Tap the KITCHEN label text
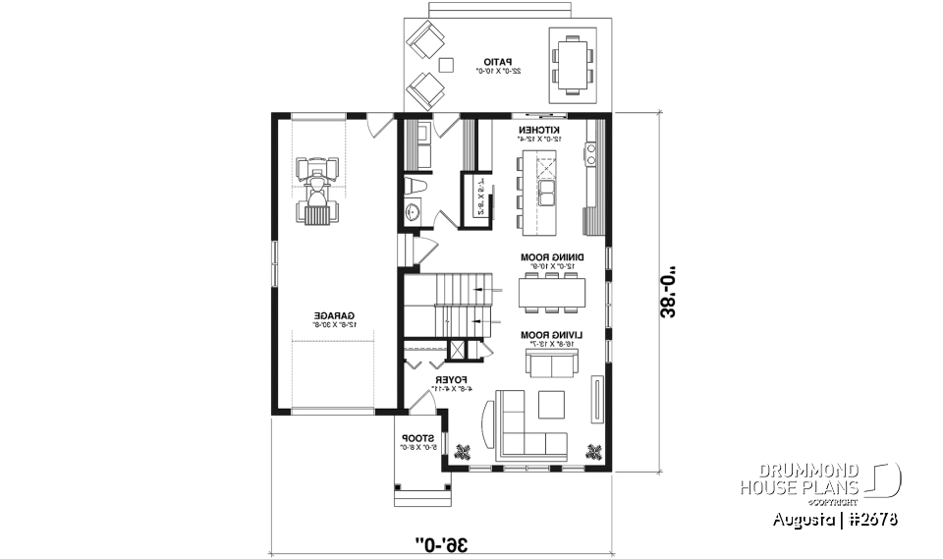pyautogui.click(x=539, y=131)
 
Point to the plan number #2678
pyautogui.click(x=872, y=518)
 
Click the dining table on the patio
pyautogui.click(x=572, y=62)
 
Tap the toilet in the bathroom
pyautogui.click(x=415, y=185)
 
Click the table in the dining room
pyautogui.click(x=552, y=291)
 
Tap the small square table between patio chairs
pyautogui.click(x=446, y=65)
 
